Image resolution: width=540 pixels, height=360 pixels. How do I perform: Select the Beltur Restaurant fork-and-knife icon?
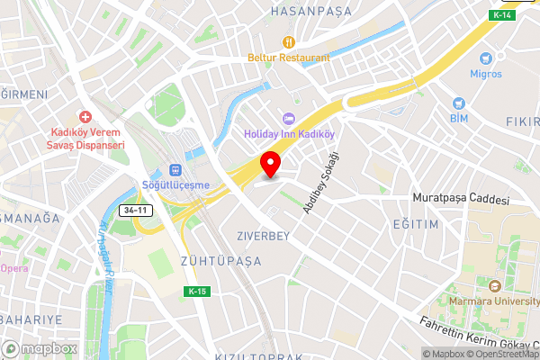(x=289, y=41)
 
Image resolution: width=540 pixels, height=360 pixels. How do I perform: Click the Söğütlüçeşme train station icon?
(x=175, y=169)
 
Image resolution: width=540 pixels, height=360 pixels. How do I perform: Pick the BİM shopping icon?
(x=458, y=103)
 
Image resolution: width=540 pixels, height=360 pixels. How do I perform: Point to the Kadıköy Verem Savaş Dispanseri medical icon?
(x=85, y=117)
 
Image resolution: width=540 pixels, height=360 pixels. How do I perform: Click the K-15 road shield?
(x=198, y=292)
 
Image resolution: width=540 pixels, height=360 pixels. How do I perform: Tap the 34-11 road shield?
(x=132, y=210)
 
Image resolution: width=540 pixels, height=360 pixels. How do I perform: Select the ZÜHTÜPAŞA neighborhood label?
(x=220, y=261)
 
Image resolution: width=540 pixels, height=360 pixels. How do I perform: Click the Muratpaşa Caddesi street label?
(x=460, y=198)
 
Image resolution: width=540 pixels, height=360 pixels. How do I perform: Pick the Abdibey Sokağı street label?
(x=323, y=183)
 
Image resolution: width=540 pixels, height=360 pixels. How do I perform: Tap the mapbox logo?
(x=39, y=348)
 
